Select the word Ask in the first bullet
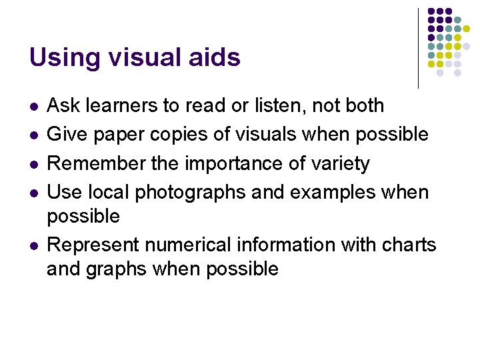tap(62, 106)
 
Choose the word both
tap(361, 106)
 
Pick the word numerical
tap(196, 245)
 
